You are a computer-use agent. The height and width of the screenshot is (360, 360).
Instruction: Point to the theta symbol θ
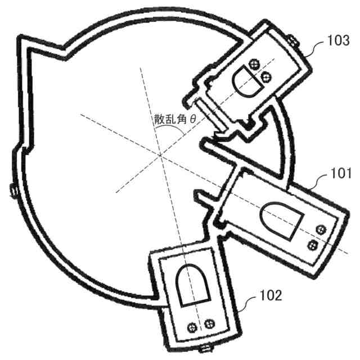click(193, 120)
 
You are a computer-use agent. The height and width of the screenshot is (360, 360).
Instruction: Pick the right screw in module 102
click(210, 323)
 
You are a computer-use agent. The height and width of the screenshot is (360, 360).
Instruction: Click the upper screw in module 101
click(321, 228)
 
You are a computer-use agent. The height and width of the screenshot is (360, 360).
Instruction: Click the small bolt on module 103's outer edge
click(292, 40)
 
